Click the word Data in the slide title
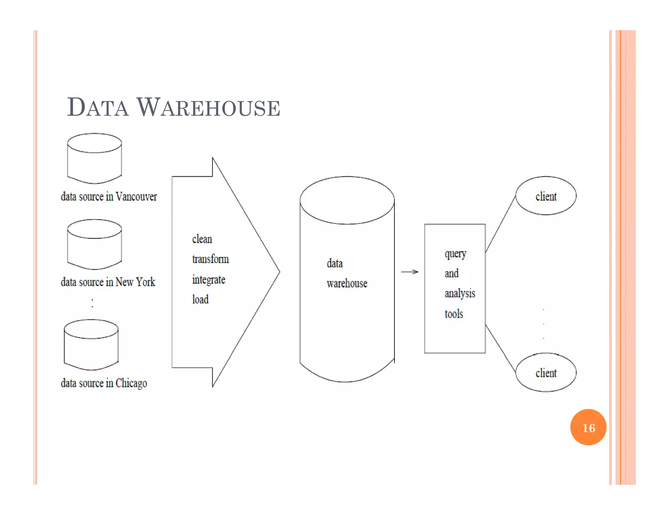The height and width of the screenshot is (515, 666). (x=98, y=107)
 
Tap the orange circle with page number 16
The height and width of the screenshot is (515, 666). (x=588, y=427)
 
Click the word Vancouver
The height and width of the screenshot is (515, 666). (x=136, y=197)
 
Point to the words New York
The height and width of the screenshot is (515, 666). (x=135, y=282)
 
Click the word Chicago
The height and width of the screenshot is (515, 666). (x=131, y=383)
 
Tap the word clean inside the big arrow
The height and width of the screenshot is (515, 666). (x=202, y=239)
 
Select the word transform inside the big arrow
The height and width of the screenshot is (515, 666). (x=210, y=259)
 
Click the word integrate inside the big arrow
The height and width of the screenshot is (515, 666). (x=208, y=280)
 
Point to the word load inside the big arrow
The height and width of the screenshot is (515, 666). (x=200, y=299)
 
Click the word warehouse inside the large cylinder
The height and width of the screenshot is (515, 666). (x=347, y=283)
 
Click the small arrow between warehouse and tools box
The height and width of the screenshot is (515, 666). (x=409, y=271)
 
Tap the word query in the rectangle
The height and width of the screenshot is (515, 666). (x=455, y=254)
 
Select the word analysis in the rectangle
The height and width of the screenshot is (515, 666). (x=460, y=293)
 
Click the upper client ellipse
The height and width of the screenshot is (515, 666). (x=546, y=196)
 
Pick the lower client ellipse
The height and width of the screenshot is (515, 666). (x=546, y=372)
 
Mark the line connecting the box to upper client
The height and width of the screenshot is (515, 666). (x=500, y=224)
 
